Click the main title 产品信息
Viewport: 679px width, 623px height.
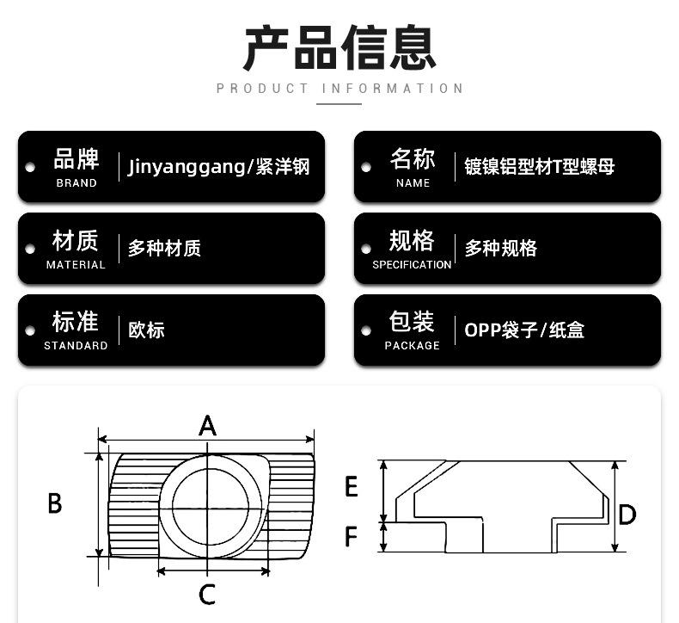(x=339, y=47)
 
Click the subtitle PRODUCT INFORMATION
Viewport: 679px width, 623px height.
(x=340, y=89)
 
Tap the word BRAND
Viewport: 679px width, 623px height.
(x=76, y=183)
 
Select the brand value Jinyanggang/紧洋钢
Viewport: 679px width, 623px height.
(x=218, y=167)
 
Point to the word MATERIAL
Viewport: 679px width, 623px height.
(x=76, y=264)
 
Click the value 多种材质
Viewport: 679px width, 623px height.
(x=164, y=249)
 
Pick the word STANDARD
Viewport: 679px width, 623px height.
(x=76, y=346)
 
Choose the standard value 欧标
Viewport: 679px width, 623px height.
(x=146, y=330)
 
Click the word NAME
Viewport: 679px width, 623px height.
(x=413, y=183)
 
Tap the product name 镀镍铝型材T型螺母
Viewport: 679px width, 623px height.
(x=539, y=166)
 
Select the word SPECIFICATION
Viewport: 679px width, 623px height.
(x=412, y=264)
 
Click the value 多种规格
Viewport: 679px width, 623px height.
(x=500, y=249)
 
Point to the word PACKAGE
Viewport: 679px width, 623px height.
(x=413, y=346)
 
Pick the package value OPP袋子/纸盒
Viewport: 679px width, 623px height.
(x=524, y=330)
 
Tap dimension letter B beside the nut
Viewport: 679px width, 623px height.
(x=55, y=503)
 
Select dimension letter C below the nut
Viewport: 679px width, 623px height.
(x=207, y=595)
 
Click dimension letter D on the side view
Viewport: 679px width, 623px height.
(x=627, y=515)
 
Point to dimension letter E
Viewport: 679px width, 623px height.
(x=352, y=486)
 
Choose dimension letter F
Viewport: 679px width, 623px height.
(x=352, y=536)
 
